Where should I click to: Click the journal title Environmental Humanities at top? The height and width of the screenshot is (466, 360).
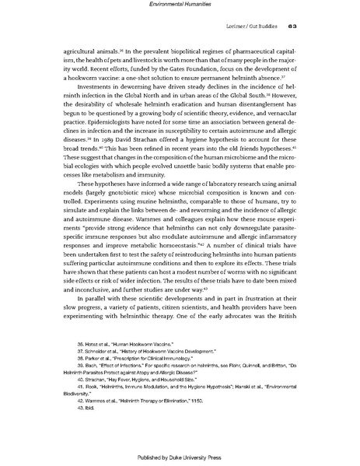180,5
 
